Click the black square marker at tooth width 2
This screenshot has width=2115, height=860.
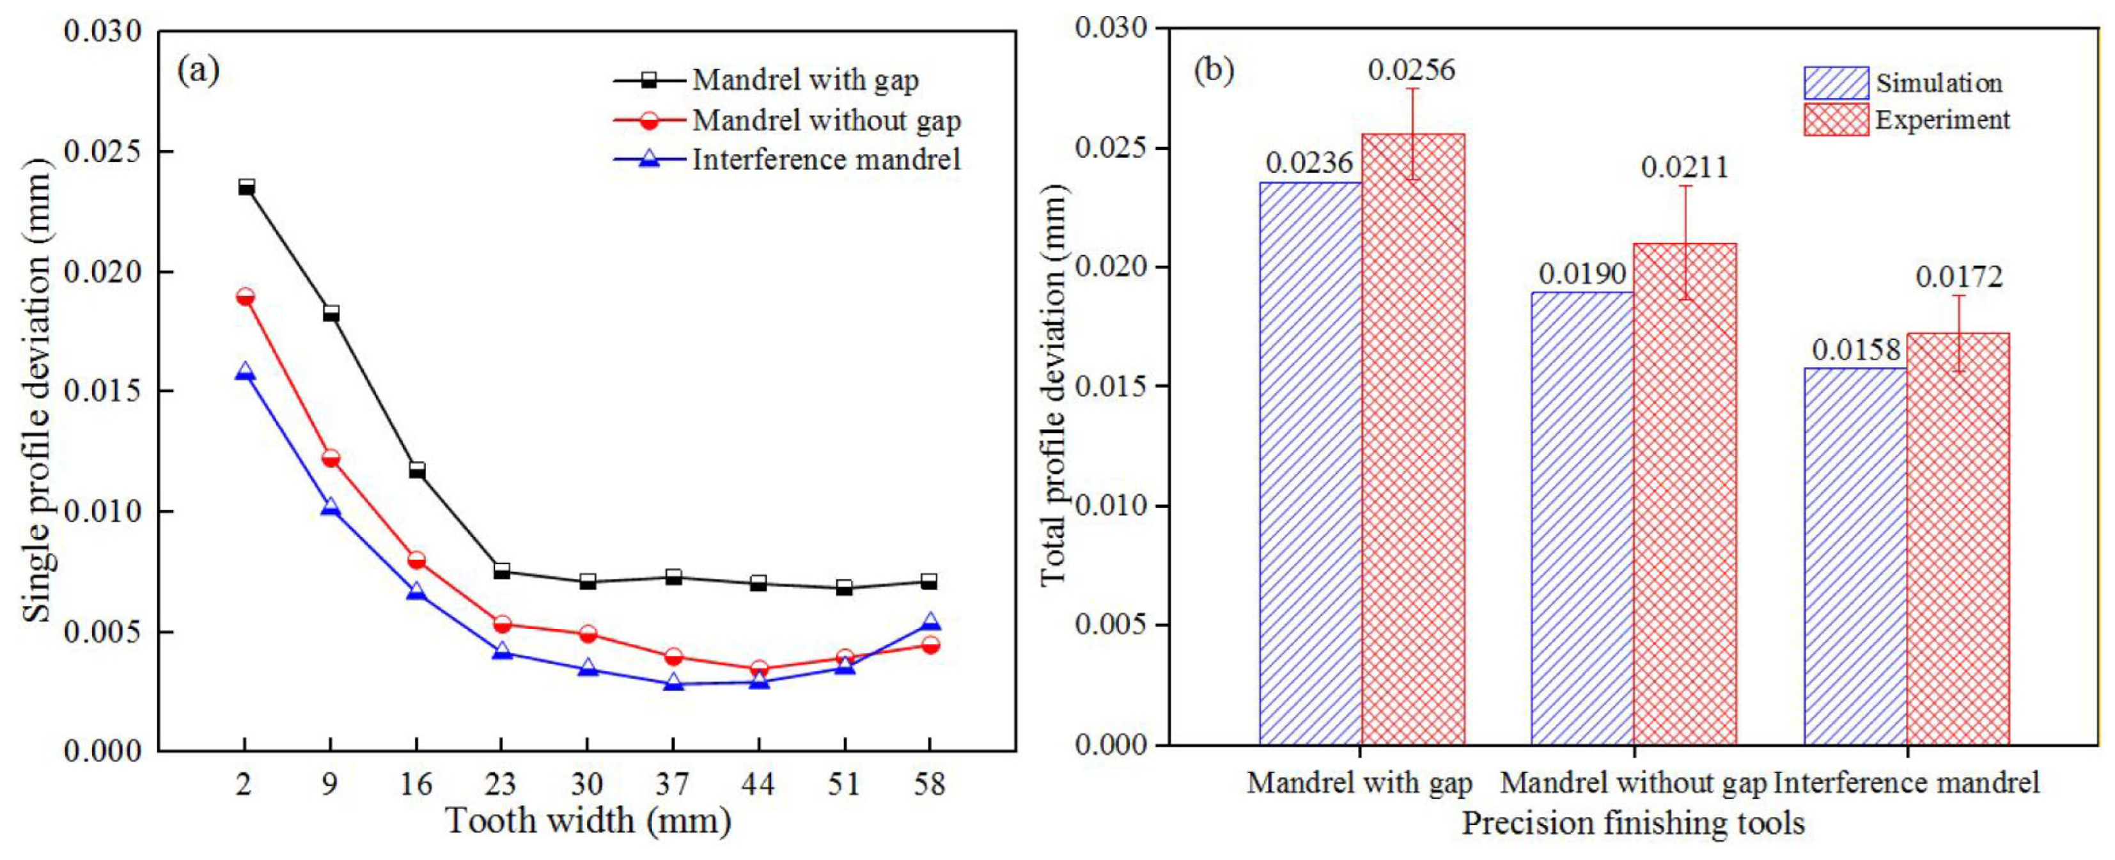pyautogui.click(x=246, y=188)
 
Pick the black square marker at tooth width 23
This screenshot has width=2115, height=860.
pyautogui.click(x=502, y=571)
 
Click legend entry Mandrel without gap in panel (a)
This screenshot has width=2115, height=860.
pyautogui.click(x=826, y=121)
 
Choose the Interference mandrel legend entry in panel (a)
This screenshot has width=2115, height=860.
pyautogui.click(x=826, y=159)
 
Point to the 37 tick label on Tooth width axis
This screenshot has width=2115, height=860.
pyautogui.click(x=673, y=785)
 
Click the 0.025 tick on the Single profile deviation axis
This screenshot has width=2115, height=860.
pyautogui.click(x=104, y=153)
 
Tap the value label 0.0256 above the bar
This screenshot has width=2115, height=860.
pyautogui.click(x=1411, y=70)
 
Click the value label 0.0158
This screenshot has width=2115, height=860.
pyautogui.click(x=1855, y=351)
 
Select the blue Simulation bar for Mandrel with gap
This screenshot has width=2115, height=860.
pyautogui.click(x=1311, y=464)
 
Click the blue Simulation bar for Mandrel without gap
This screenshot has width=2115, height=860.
pyautogui.click(x=1583, y=517)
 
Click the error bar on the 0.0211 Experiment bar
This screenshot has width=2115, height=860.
pyautogui.click(x=1685, y=242)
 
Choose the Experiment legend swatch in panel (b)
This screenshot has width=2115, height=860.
pyautogui.click(x=1836, y=120)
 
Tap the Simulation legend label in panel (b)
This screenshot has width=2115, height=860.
pyautogui.click(x=1939, y=83)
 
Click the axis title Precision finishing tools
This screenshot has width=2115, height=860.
pyautogui.click(x=1633, y=823)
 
